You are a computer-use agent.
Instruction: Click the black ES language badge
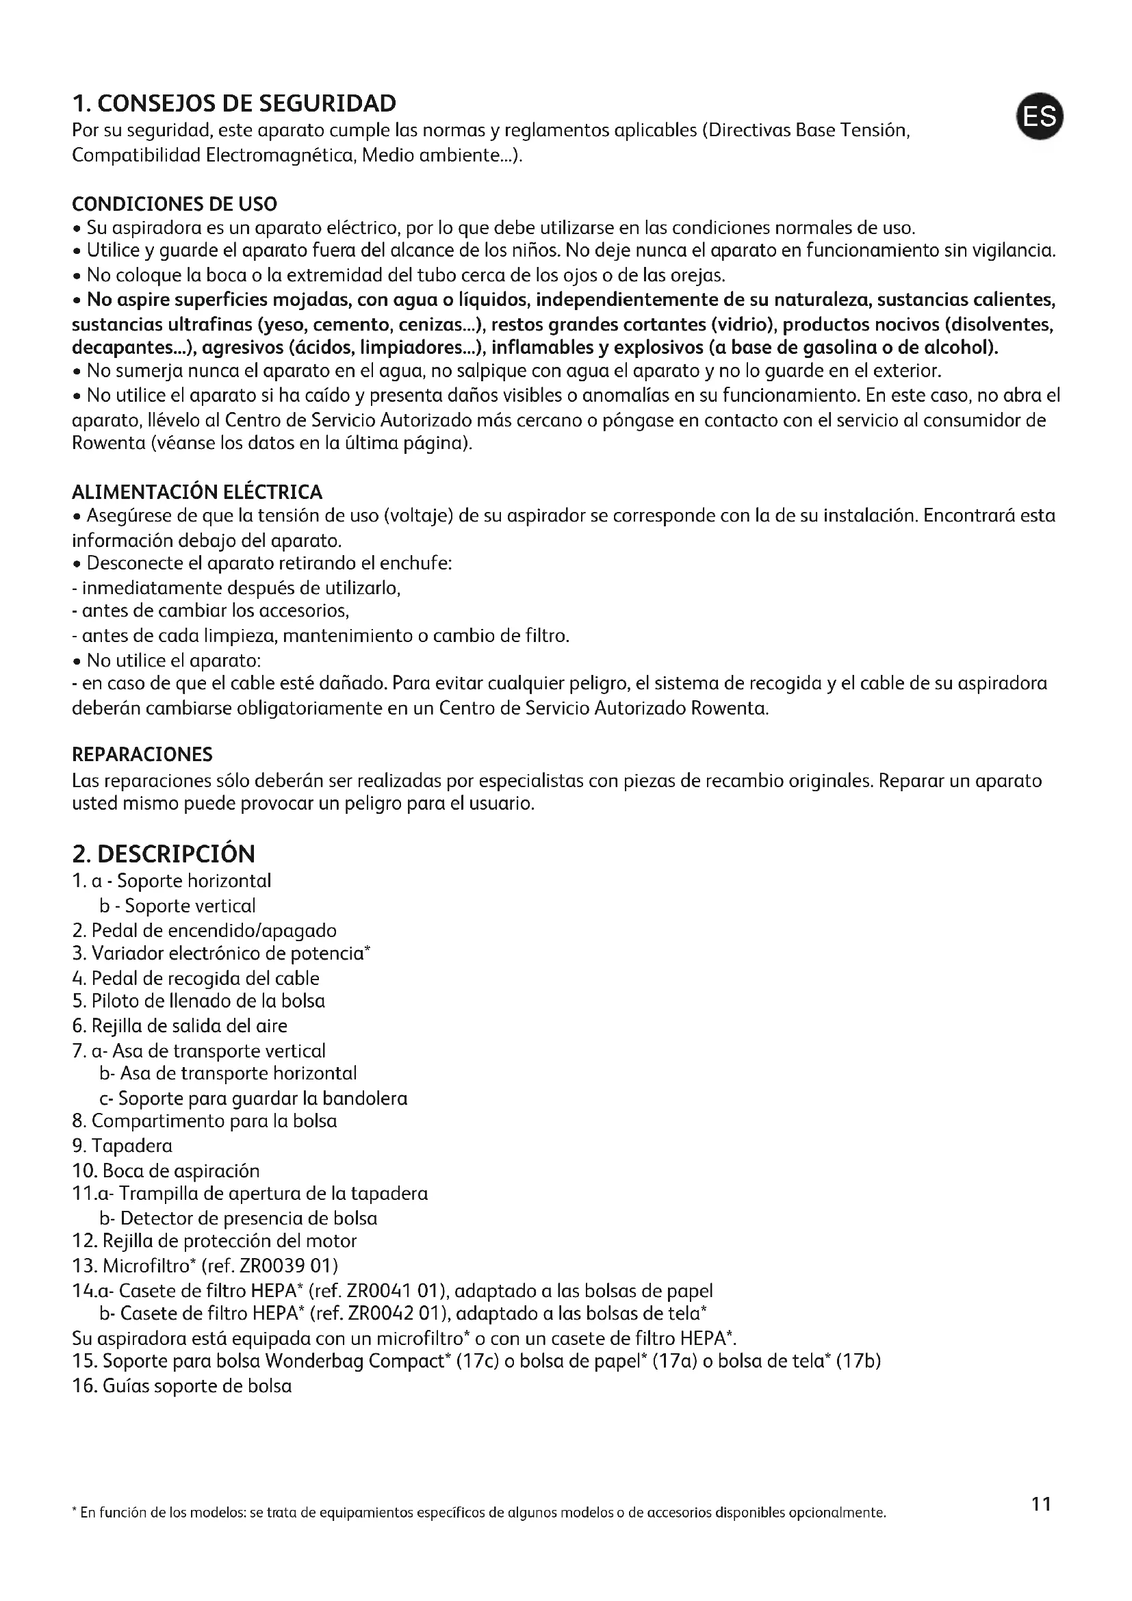tap(1040, 116)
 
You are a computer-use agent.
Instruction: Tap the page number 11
tap(1041, 1523)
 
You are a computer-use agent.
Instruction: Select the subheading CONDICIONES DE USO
tap(175, 204)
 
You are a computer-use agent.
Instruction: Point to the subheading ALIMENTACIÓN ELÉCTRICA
tap(197, 492)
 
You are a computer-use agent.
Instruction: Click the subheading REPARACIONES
tap(142, 754)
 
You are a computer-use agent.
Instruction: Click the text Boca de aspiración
tap(181, 1170)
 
